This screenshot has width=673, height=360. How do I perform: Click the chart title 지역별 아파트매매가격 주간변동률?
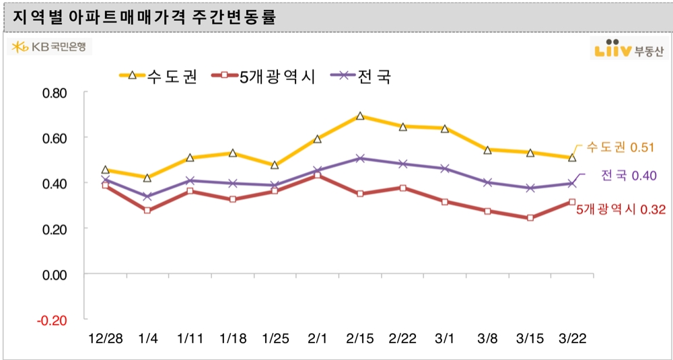click(x=144, y=16)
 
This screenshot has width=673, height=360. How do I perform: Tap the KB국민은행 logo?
click(x=50, y=47)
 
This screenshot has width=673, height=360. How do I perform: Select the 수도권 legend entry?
click(x=159, y=76)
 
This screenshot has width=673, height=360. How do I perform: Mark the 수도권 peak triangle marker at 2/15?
click(x=360, y=116)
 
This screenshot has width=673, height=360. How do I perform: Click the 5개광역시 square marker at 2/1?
click(x=318, y=176)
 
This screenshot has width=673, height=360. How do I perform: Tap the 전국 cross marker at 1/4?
click(x=147, y=196)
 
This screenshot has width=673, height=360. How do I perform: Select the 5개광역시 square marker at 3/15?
click(x=530, y=218)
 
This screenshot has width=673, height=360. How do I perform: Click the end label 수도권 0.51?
click(x=621, y=147)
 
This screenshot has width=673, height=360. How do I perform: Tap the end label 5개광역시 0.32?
click(x=621, y=210)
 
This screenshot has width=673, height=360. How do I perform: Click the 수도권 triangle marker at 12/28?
click(x=105, y=170)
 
